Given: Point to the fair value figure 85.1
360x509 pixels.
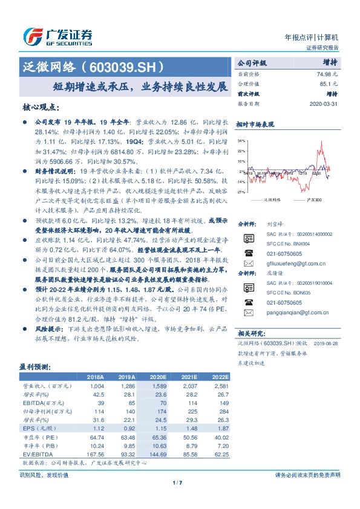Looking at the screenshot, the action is click(329, 83).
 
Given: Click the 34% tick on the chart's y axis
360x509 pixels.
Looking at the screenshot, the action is click(241, 140).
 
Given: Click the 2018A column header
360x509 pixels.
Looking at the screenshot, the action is click(95, 376).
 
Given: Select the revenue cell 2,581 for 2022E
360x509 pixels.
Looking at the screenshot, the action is click(218, 385).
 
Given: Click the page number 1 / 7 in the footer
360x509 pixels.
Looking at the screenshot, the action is click(177, 482).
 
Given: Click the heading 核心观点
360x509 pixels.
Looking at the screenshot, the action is click(41, 107).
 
